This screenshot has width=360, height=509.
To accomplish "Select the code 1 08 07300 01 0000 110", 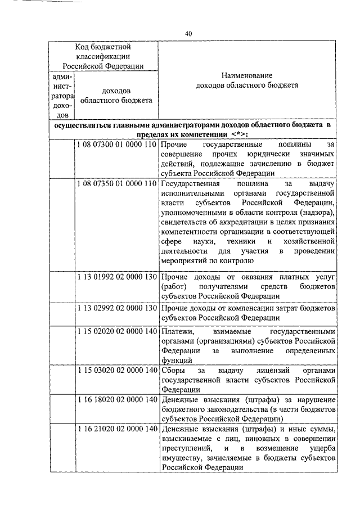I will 116,145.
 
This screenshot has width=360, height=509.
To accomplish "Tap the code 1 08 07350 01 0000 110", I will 116,183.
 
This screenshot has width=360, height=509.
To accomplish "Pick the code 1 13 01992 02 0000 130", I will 116,277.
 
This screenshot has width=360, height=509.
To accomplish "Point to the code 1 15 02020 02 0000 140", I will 116,331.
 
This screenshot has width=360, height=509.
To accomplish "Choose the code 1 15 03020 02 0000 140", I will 116,371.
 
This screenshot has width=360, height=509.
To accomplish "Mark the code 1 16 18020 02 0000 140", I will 116,399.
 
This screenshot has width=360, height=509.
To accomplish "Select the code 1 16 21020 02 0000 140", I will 116,429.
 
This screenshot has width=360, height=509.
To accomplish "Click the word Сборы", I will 173,371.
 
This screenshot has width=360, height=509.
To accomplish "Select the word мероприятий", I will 185,260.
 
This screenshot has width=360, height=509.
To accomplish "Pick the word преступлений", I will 187,448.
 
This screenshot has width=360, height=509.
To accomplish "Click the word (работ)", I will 173,287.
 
